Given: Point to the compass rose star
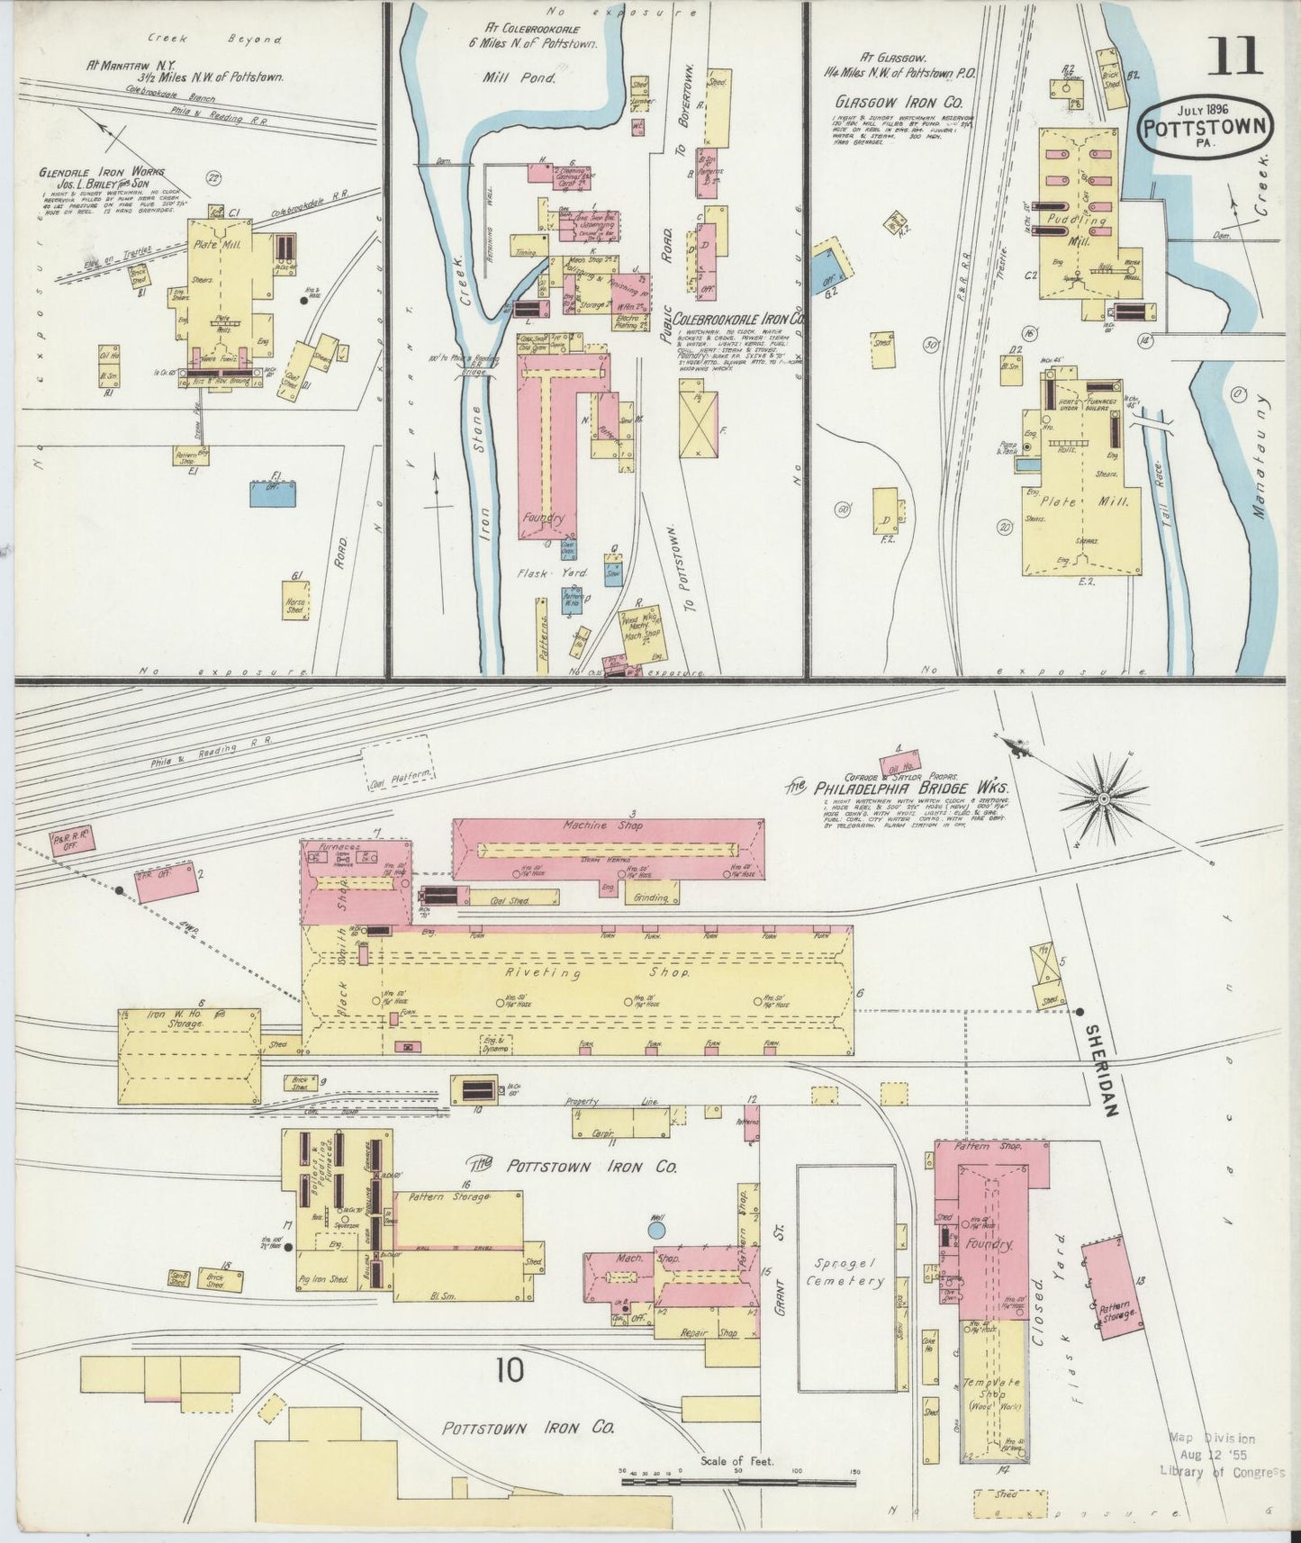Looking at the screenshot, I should [1103, 798].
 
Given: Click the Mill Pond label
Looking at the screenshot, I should [521, 77].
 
